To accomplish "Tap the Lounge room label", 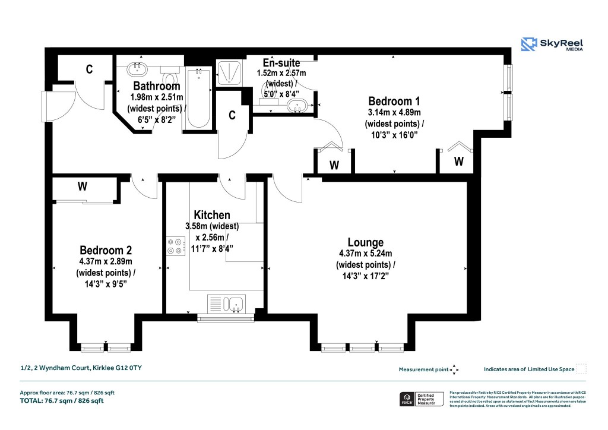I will [x=365, y=242].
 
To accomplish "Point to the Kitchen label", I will [x=211, y=214].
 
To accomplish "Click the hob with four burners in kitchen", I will [x=176, y=246].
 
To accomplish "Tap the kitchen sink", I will [x=226, y=303].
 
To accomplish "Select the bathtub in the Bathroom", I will [x=198, y=98].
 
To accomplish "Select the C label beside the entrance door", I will [x=89, y=69].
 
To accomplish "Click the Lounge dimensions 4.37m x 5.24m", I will [x=365, y=254].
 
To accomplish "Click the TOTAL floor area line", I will [x=62, y=401].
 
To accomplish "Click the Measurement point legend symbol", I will [x=454, y=369].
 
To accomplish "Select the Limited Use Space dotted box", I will [x=581, y=369].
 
